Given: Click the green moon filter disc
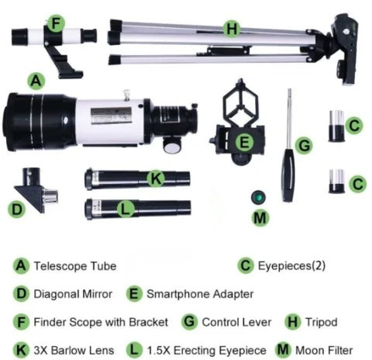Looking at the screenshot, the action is pyautogui.click(x=258, y=198).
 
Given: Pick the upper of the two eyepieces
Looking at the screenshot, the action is pyautogui.click(x=336, y=126).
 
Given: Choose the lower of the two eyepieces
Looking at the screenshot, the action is pyautogui.click(x=336, y=182).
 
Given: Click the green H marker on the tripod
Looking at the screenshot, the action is pyautogui.click(x=232, y=29).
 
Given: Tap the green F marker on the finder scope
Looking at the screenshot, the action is pyautogui.click(x=56, y=23).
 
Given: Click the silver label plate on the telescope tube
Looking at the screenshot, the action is pyautogui.click(x=112, y=116).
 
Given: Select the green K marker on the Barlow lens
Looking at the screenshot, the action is pyautogui.click(x=156, y=178).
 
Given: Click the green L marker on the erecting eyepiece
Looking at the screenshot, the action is pyautogui.click(x=126, y=209).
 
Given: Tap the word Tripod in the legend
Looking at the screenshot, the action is pyautogui.click(x=322, y=323).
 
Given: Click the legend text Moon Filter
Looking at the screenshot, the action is pyautogui.click(x=324, y=351).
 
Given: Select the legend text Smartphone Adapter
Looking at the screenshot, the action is pyautogui.click(x=200, y=294).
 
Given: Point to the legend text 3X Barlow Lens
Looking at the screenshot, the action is pyautogui.click(x=74, y=351).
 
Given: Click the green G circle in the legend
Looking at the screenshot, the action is pyautogui.click(x=190, y=322).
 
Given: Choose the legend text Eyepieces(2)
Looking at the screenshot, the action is pyautogui.click(x=291, y=266).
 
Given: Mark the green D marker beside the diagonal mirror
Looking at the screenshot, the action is pyautogui.click(x=17, y=209).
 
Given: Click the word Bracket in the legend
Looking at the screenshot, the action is pyautogui.click(x=149, y=322).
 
